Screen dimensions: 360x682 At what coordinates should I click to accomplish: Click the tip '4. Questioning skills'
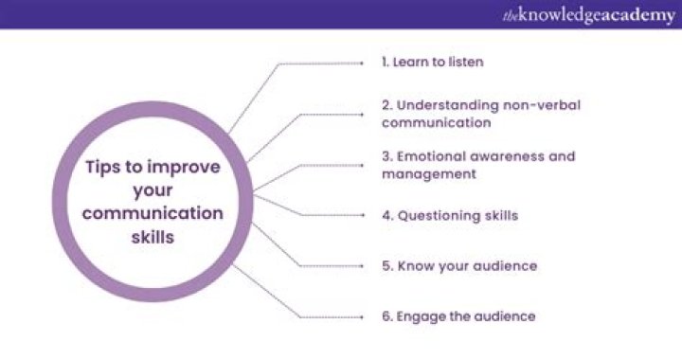point(450,215)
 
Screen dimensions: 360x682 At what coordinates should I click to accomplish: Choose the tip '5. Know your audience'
point(459,266)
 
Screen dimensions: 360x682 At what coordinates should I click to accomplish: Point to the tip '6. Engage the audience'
point(458,316)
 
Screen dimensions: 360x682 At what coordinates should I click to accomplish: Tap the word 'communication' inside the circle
point(153,213)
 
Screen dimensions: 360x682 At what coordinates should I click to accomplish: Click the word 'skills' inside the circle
point(153,237)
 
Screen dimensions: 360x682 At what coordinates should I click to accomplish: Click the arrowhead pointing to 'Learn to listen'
point(363,62)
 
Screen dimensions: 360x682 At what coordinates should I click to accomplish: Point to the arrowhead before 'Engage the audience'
point(363,316)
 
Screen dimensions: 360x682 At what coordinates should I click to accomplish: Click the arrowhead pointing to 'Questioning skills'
point(363,215)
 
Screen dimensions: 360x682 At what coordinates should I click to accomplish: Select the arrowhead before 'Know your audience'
point(363,266)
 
